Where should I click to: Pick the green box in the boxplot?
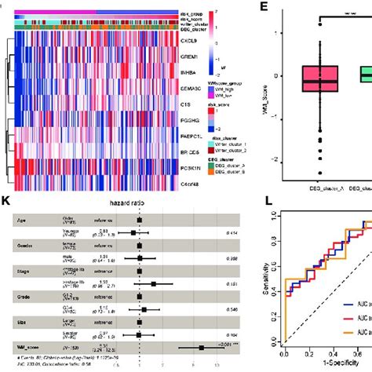[x=363, y=75]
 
